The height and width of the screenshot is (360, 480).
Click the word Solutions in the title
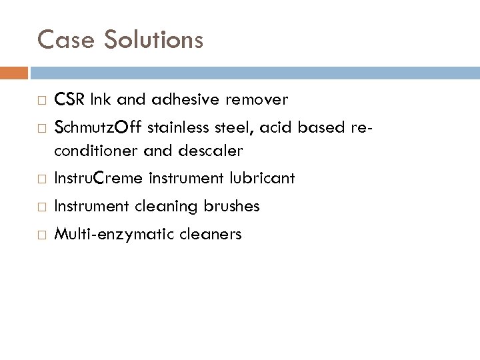click(152, 40)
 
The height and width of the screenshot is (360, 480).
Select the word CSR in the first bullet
click(68, 100)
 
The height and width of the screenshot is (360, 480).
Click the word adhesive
click(187, 100)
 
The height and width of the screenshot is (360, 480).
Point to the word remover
click(257, 100)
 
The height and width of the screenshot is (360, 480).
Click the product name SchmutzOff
click(98, 126)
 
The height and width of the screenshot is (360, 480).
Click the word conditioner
click(94, 151)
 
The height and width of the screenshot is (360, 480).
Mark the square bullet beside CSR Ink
click(41, 101)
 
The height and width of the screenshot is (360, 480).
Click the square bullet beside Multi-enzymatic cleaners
click(41, 235)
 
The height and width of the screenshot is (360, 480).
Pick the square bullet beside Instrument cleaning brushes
click(41, 207)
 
